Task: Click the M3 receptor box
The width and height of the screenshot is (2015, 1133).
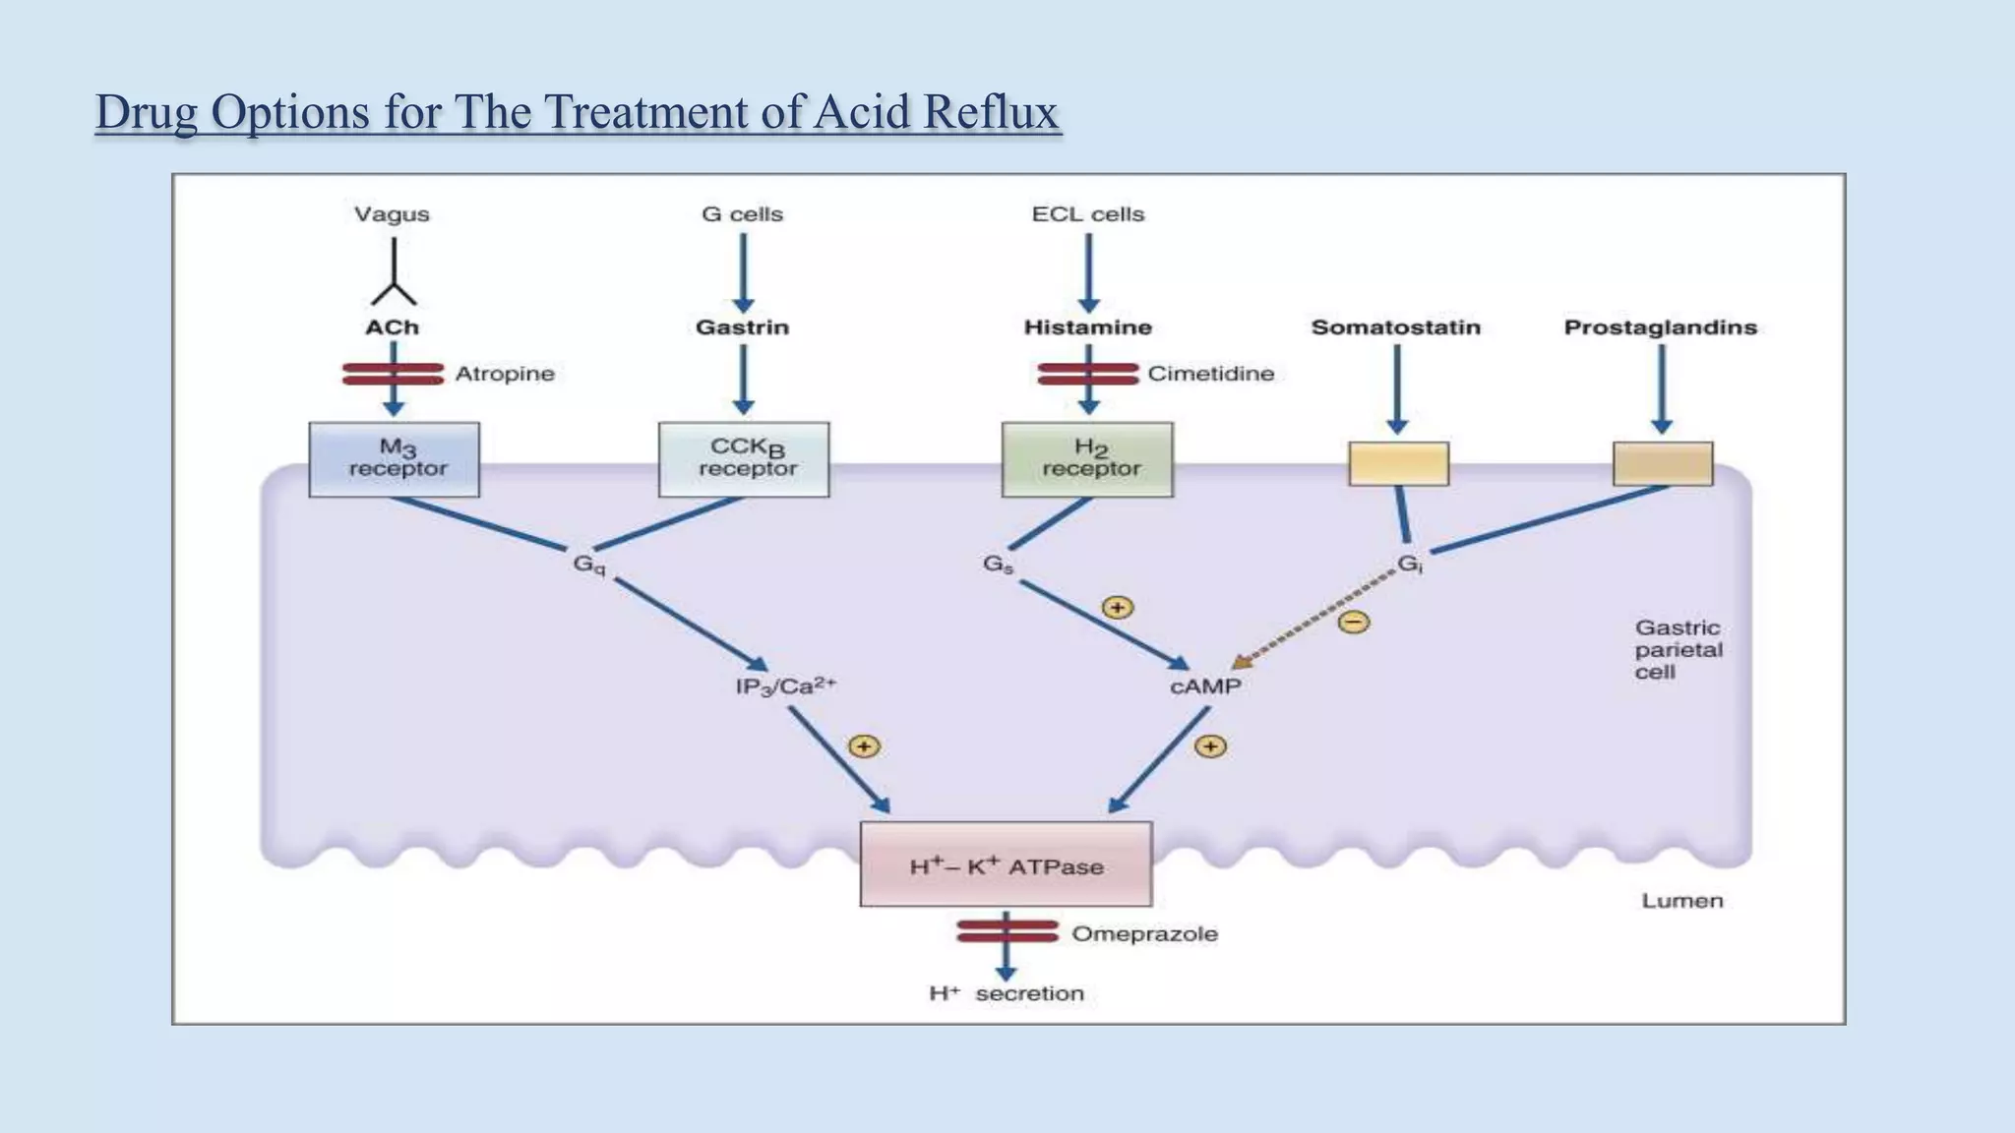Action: (x=394, y=459)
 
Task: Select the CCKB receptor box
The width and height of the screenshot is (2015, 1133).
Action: (x=744, y=459)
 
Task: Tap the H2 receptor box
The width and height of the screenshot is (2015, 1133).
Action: (x=1087, y=459)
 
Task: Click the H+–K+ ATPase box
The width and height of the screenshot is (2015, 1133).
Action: (x=1006, y=865)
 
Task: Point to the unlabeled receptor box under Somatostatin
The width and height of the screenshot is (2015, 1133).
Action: (x=1398, y=463)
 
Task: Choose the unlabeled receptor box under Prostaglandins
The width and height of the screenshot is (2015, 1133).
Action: (x=1663, y=463)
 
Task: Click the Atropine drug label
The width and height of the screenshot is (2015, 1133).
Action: (x=505, y=374)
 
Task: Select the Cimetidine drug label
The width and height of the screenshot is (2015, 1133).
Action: (x=1210, y=374)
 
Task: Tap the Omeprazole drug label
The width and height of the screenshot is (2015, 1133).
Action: (x=1144, y=933)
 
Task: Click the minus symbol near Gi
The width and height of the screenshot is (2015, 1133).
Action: (x=1354, y=622)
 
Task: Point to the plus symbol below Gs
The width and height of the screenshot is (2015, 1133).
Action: (x=1117, y=608)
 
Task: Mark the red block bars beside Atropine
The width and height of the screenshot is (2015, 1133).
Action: (x=393, y=374)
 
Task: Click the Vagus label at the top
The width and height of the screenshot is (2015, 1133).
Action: (x=392, y=214)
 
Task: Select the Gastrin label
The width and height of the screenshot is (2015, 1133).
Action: (x=742, y=328)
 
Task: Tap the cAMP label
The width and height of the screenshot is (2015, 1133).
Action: (x=1205, y=686)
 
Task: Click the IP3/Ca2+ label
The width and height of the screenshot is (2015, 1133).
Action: (x=785, y=686)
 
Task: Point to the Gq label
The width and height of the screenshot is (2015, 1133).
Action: (x=589, y=565)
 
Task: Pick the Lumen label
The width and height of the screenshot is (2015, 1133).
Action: (x=1681, y=901)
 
